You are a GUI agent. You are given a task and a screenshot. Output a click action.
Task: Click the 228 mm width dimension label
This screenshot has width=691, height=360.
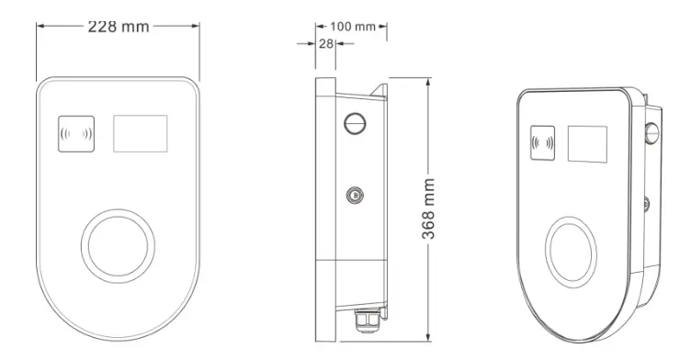[x=119, y=27]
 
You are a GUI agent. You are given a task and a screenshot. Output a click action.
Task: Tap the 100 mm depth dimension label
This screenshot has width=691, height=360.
[x=353, y=27]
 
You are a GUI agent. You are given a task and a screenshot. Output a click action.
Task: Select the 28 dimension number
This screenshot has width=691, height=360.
[x=325, y=44]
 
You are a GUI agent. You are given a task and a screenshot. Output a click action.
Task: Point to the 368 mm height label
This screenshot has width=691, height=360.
[x=428, y=208]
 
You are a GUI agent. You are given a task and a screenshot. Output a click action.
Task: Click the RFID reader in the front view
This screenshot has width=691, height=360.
[x=76, y=134]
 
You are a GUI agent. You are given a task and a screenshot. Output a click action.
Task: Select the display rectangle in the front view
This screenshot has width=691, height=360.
[x=141, y=133]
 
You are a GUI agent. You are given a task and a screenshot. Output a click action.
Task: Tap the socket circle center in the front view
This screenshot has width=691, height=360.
[x=118, y=246]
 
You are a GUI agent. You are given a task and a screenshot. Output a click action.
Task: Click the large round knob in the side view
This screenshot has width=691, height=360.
[x=356, y=123]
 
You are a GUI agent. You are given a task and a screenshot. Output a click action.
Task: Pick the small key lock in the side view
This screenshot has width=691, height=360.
[x=355, y=195]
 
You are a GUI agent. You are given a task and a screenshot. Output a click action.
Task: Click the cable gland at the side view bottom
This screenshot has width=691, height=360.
[x=368, y=320]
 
